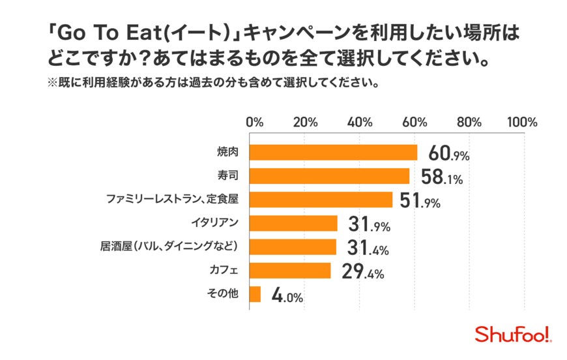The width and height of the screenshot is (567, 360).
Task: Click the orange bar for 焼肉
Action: pyautogui.click(x=334, y=152)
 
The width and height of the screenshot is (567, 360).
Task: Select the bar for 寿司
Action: pyautogui.click(x=330, y=176)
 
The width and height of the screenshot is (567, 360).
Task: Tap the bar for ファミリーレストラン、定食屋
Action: pyautogui.click(x=321, y=200)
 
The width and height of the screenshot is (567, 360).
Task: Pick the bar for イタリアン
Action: pyautogui.click(x=294, y=224)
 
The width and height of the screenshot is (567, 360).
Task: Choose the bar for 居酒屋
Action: pyautogui.click(x=293, y=247)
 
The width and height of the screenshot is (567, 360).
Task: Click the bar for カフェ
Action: pyautogui.click(x=291, y=271)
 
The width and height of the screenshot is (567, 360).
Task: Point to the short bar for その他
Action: pyautogui.click(x=255, y=294)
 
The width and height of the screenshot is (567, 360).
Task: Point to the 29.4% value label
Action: pyautogui.click(x=362, y=272)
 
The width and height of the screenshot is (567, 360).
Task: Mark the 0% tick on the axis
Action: pyautogui.click(x=254, y=122)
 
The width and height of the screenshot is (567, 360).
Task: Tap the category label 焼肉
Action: pyautogui.click(x=227, y=152)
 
